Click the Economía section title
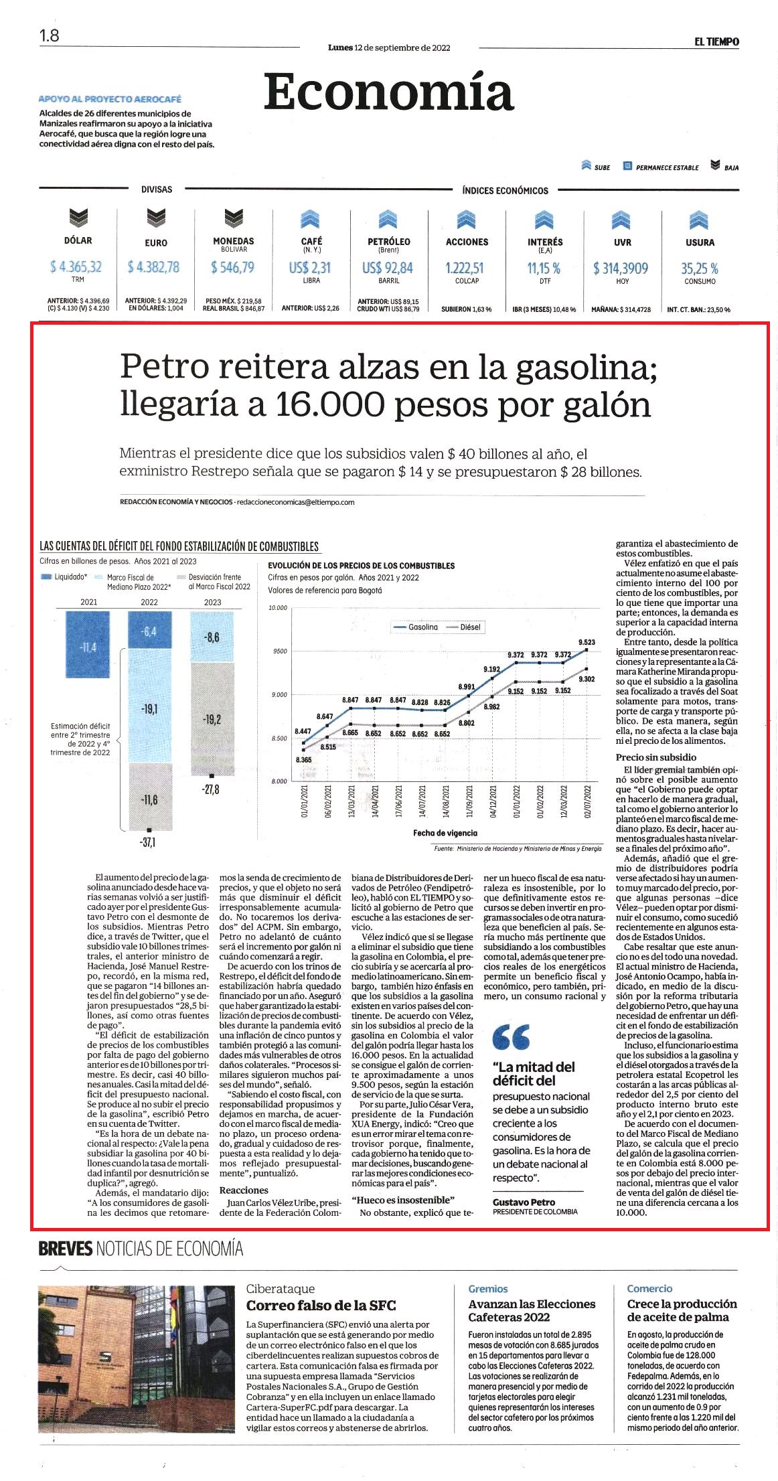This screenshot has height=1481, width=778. point(388,93)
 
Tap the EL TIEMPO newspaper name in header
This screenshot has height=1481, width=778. point(716,42)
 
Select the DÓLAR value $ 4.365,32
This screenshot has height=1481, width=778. point(76,267)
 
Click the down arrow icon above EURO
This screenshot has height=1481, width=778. point(156,218)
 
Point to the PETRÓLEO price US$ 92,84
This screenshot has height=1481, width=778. point(388,268)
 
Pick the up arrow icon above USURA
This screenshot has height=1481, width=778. point(699,219)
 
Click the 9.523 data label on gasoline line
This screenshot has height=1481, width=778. point(587,642)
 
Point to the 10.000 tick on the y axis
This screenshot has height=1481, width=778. point(277,608)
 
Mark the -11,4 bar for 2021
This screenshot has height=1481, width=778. point(88,644)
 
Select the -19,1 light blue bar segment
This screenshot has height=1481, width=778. point(149,708)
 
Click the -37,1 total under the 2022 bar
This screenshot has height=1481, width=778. point(148,842)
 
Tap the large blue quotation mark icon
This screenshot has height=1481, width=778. point(511,1036)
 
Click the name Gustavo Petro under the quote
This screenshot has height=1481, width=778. point(524,1202)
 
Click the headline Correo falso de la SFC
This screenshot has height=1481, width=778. point(321,1306)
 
